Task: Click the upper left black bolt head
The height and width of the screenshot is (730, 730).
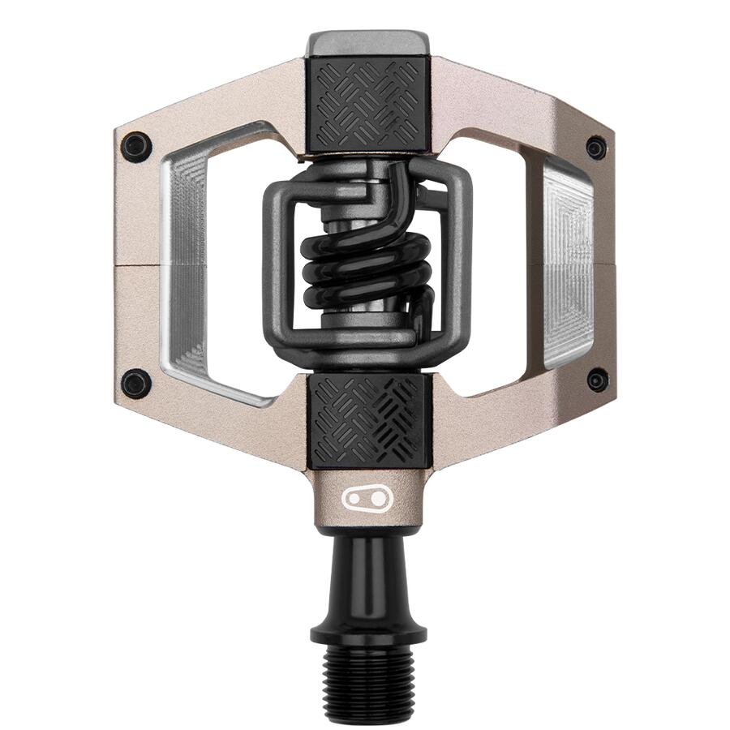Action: (136, 146)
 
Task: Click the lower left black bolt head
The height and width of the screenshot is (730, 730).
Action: (136, 383)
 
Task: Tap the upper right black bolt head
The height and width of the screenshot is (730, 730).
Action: (596, 148)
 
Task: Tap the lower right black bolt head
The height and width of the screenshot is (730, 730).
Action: (598, 379)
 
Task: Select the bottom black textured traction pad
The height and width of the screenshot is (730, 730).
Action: (367, 419)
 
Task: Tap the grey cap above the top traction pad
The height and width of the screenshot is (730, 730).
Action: (367, 42)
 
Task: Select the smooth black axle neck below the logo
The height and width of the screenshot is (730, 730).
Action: (367, 568)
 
